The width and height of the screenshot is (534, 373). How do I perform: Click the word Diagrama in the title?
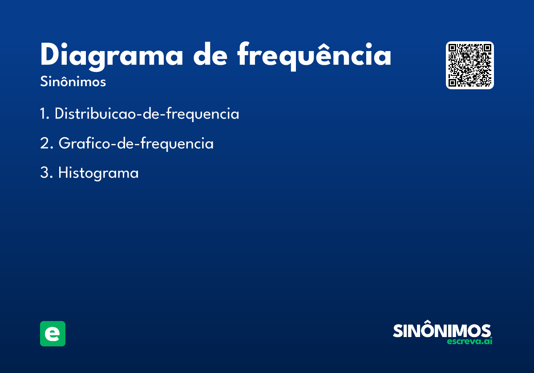click(x=112, y=57)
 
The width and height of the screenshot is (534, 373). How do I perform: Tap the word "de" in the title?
click(x=210, y=54)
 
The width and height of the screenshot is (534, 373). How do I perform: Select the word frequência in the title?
click(x=314, y=56)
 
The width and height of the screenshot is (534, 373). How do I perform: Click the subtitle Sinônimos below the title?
click(x=73, y=81)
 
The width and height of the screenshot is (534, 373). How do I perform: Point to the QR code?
click(x=469, y=65)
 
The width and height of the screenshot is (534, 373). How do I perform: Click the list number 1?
click(x=44, y=114)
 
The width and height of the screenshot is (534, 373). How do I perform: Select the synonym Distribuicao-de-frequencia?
click(x=147, y=114)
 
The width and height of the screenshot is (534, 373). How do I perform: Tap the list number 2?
click(x=46, y=143)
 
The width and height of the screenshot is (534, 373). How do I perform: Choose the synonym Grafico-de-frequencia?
click(x=136, y=144)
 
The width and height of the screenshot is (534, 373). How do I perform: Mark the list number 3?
click(x=46, y=172)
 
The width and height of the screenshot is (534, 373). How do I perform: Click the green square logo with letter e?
click(x=53, y=333)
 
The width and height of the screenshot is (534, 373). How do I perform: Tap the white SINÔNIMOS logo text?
click(x=442, y=329)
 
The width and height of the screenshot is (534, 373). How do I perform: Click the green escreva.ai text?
click(x=469, y=341)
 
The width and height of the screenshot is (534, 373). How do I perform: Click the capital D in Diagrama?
click(x=49, y=54)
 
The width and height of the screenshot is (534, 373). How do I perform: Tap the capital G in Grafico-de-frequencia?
click(x=65, y=143)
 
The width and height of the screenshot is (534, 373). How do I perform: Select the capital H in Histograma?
click(x=63, y=172)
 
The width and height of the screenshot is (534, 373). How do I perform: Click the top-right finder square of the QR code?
click(x=487, y=48)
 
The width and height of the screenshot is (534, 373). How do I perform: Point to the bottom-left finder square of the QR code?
click(x=452, y=83)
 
